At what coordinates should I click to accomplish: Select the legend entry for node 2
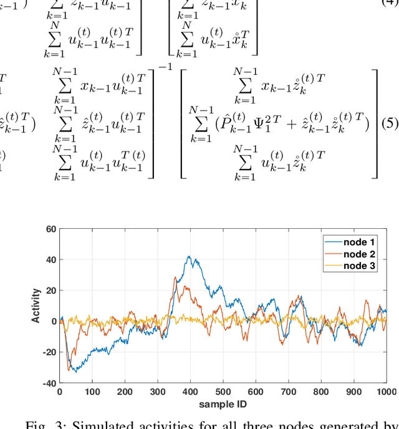click(360, 254)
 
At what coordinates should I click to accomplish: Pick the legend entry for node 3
click(360, 266)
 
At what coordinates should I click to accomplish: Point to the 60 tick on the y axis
click(50, 229)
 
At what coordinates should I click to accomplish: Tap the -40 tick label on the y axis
click(49, 383)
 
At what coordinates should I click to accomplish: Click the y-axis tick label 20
click(50, 291)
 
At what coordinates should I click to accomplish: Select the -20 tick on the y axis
click(49, 352)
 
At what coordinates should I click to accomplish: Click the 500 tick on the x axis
click(223, 392)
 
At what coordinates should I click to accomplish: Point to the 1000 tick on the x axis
click(387, 392)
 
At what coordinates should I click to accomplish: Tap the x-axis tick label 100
click(92, 392)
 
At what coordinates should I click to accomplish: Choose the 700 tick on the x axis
click(289, 392)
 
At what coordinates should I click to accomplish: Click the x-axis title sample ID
click(223, 404)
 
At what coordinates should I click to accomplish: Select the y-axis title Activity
click(37, 306)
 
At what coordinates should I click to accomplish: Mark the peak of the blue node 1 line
click(189, 256)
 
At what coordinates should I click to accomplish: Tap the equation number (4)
click(390, 4)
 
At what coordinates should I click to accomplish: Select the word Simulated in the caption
click(99, 425)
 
